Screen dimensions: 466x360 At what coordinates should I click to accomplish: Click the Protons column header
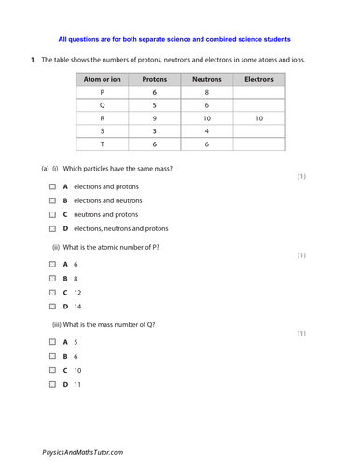(x=154, y=80)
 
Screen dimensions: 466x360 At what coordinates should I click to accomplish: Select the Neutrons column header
(x=206, y=80)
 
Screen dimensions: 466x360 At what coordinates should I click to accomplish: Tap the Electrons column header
(x=258, y=80)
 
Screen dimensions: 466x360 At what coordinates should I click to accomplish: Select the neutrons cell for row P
(x=206, y=93)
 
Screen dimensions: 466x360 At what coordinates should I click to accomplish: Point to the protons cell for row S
(x=154, y=132)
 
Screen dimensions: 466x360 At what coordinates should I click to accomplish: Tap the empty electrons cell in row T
(x=258, y=144)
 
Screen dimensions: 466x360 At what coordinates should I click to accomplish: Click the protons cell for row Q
(x=154, y=106)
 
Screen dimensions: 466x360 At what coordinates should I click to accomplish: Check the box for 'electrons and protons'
(x=53, y=186)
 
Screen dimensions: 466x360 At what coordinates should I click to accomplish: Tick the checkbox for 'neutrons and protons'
(x=53, y=214)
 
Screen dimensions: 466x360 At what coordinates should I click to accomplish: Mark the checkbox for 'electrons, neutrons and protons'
(x=53, y=228)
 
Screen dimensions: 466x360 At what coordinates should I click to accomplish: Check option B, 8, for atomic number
(x=53, y=278)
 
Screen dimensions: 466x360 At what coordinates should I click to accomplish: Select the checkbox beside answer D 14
(x=53, y=306)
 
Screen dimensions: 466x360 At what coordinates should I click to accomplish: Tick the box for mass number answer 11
(x=53, y=384)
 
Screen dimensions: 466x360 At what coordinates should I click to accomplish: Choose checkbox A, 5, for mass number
(x=53, y=342)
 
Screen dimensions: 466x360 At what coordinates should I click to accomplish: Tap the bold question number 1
(x=32, y=61)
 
